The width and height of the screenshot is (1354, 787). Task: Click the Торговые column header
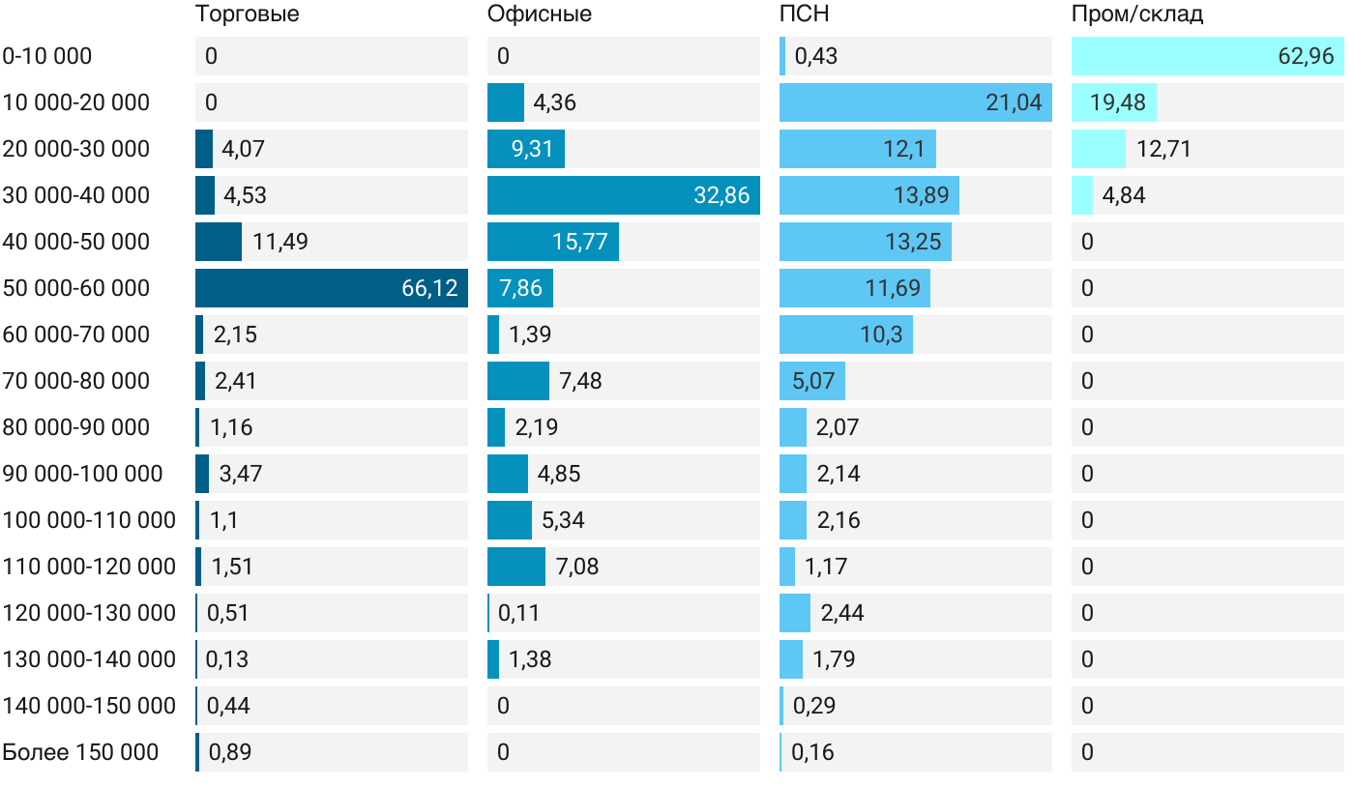[247, 15]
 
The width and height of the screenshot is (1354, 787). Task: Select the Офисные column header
[540, 15]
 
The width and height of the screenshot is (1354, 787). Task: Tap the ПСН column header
[805, 15]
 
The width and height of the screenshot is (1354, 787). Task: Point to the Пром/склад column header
[1137, 15]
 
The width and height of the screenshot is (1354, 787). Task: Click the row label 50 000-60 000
[76, 288]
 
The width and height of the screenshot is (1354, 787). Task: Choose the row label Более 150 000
[80, 752]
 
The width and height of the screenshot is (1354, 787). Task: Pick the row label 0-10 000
[47, 56]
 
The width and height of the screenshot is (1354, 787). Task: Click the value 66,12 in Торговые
[429, 288]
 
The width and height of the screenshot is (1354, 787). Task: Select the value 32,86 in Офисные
[721, 195]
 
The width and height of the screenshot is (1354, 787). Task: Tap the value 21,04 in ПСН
[1014, 102]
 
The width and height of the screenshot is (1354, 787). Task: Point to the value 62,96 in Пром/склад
[1306, 56]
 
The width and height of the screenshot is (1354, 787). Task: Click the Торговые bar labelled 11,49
[219, 242]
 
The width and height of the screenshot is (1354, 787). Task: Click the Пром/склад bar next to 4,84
[1082, 195]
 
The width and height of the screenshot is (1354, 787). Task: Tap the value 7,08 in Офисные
[577, 567]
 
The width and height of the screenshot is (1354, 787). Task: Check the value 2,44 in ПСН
[840, 613]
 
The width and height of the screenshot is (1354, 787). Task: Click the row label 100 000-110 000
[89, 520]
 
